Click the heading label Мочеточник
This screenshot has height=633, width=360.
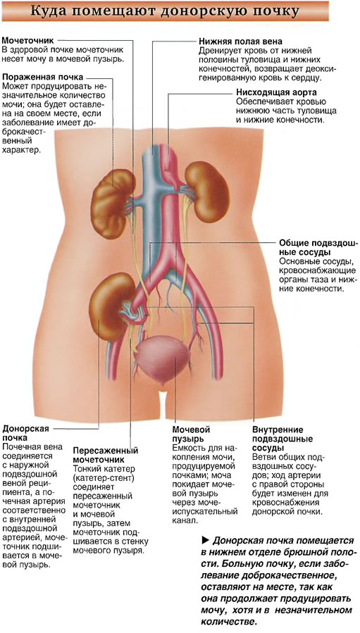(x=28, y=41)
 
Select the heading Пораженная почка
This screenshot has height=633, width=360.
(x=42, y=77)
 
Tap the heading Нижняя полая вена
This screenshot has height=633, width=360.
(x=240, y=42)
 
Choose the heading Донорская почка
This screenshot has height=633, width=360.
(x=26, y=433)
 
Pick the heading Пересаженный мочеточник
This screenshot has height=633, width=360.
(x=106, y=455)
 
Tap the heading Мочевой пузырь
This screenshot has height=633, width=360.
(x=191, y=434)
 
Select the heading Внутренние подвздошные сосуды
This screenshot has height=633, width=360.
(x=283, y=439)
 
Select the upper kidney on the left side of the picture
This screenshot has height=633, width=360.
(x=112, y=204)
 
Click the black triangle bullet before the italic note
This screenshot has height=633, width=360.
(x=204, y=540)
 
